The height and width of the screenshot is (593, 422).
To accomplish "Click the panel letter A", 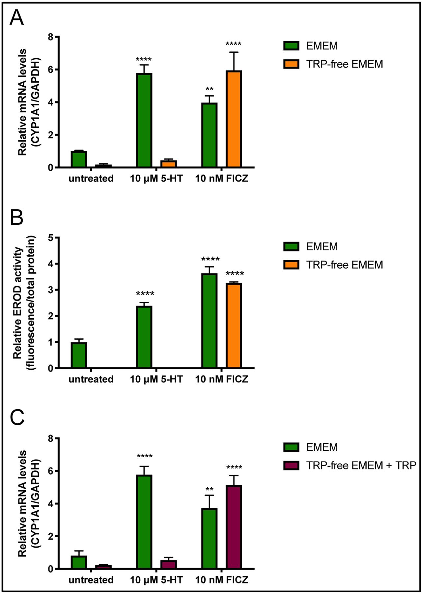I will pos(17,18).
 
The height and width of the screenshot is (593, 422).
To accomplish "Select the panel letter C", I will pos(17,417).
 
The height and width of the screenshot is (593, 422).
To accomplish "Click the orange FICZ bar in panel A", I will pos(234,119).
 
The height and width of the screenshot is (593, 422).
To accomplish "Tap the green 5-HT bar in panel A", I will pos(144,120).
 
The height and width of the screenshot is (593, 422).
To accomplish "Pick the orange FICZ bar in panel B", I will pos(234,325).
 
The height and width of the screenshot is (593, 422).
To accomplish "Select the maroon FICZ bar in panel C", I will pos(234,527).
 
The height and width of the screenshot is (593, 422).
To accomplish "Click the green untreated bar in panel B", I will pos(79,355).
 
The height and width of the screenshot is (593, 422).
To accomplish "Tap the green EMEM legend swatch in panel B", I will pos(291,246).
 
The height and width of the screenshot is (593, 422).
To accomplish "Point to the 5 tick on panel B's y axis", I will pos(50,238).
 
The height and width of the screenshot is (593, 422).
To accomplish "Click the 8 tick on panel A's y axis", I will pos(50,37).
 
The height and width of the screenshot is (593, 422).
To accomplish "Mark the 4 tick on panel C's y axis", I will pos(50,504).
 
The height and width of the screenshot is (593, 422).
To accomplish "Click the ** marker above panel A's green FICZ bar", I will pos(210,89).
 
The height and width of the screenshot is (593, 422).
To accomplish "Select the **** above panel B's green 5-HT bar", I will pos(145,294).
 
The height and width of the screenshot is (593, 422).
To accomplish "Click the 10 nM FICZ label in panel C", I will pos(221,580).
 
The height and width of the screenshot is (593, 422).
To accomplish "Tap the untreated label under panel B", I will pos(91,379).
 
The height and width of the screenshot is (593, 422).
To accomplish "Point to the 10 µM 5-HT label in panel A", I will pos(156,179).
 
